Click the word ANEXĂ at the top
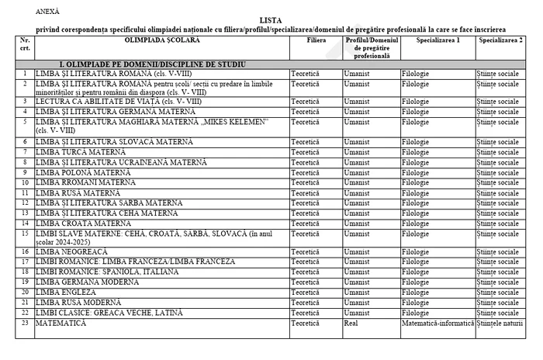point(47,12)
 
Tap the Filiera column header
point(316,38)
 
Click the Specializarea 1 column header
point(438,38)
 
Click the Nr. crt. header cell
point(25,43)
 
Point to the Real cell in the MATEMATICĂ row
point(351,322)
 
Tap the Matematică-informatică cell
point(438,322)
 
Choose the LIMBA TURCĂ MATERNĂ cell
point(86,152)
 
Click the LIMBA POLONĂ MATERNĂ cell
point(88,172)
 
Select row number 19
point(25,282)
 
